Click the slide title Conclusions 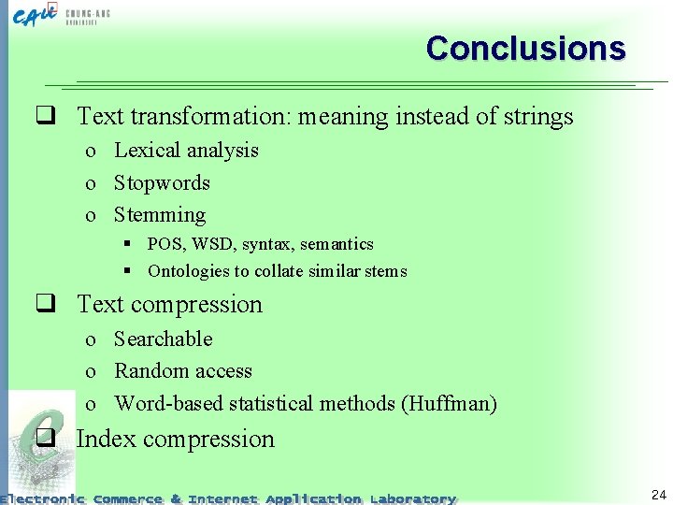click(525, 48)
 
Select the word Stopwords click(162, 182)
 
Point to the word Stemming click(160, 215)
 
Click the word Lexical click(148, 151)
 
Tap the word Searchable click(164, 339)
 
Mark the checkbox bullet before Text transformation click(42, 117)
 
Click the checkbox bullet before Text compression click(42, 305)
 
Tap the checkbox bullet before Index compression click(42, 440)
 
